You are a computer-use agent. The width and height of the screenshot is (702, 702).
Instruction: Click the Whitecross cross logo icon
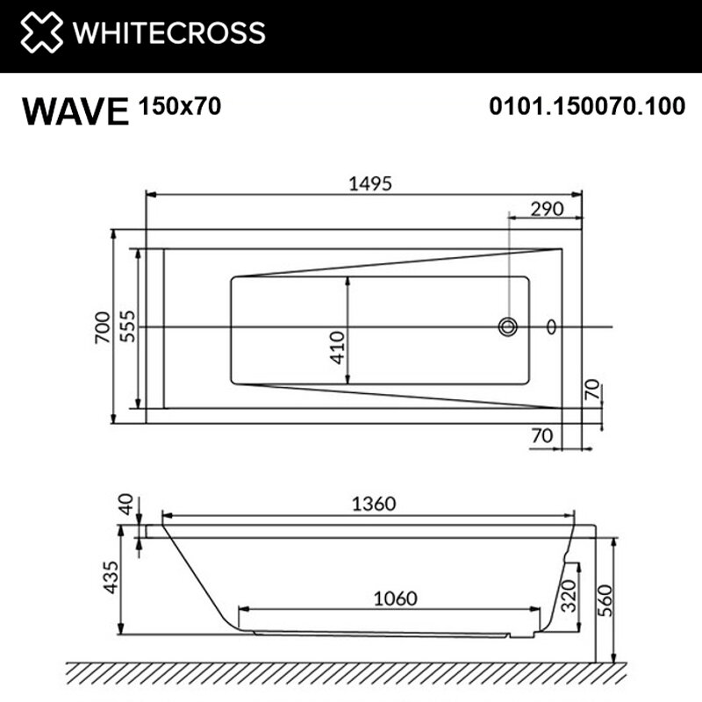pyautogui.click(x=41, y=32)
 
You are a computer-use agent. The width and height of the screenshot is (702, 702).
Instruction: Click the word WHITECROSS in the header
pyautogui.click(x=168, y=32)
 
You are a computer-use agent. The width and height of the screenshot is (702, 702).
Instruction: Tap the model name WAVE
pyautogui.click(x=75, y=111)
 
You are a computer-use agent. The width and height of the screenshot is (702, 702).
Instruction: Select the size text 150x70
pyautogui.click(x=180, y=106)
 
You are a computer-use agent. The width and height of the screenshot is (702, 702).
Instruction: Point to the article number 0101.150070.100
pyautogui.click(x=587, y=106)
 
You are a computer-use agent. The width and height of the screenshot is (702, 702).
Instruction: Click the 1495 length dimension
pyautogui.click(x=370, y=183)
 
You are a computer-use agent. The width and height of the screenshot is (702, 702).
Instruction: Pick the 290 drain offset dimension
pyautogui.click(x=547, y=209)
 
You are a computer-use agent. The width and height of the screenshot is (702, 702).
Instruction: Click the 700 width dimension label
pyautogui.click(x=103, y=327)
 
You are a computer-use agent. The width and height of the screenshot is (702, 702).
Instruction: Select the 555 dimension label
pyautogui.click(x=127, y=326)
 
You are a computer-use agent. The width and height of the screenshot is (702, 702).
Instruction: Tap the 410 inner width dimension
pyautogui.click(x=337, y=347)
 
